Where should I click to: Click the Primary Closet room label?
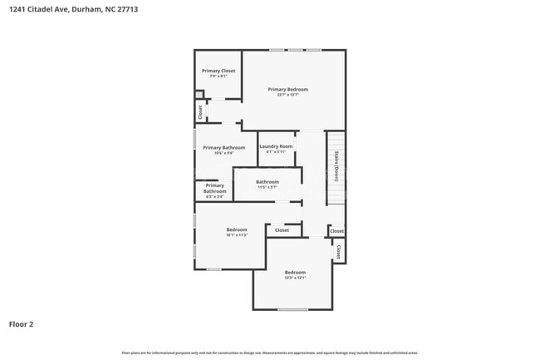coord(218,71)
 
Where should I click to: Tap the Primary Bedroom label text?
coord(287,89)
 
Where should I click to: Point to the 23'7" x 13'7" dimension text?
coord(287,95)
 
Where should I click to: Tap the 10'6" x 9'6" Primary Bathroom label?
coord(224,148)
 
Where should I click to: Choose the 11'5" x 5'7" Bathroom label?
coord(268,182)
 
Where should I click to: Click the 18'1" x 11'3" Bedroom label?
coord(237,229)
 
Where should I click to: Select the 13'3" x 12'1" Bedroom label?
coord(295,273)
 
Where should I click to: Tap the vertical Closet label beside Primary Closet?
coord(200,111)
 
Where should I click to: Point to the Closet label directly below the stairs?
coord(336,231)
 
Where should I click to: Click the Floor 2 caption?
coord(22,324)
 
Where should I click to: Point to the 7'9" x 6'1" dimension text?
coord(218,76)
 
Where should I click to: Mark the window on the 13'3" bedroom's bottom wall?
coord(292,309)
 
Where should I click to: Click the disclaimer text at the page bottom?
coord(270,353)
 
